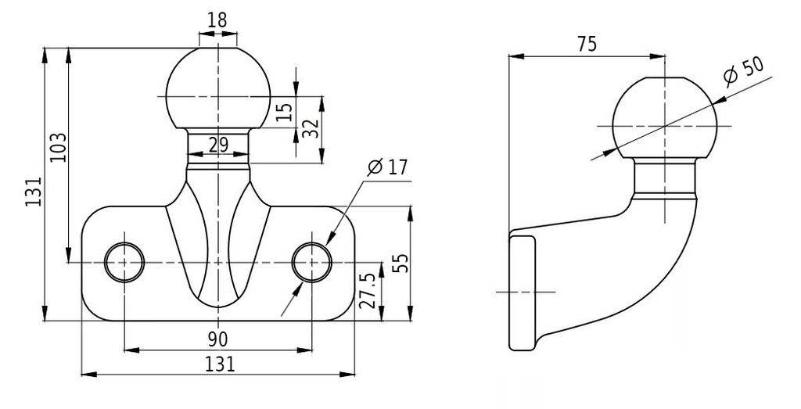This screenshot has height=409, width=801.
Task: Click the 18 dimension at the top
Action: tap(217, 20)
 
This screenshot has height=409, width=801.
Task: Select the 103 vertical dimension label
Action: tap(59, 148)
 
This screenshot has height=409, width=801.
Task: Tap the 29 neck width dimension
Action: tap(218, 145)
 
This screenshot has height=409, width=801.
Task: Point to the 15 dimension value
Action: tap(286, 112)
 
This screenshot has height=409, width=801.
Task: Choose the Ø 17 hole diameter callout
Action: tap(388, 167)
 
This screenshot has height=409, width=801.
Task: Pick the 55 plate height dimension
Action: tap(402, 263)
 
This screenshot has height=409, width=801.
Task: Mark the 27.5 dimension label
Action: tap(368, 291)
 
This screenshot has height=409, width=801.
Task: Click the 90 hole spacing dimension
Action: tap(217, 339)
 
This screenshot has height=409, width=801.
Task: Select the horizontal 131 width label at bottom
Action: tap(220, 364)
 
